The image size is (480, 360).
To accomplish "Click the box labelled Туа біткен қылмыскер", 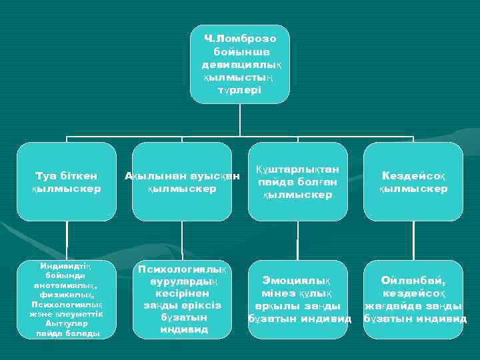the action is (x=67, y=181).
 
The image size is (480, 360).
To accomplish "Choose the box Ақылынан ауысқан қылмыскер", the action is (x=181, y=181).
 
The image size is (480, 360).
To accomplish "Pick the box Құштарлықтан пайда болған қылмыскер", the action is (x=297, y=181).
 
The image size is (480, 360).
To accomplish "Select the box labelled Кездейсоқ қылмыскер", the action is (x=413, y=181).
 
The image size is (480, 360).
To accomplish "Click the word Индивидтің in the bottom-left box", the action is (x=67, y=266).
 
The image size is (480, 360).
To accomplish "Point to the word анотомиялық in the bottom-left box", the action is (x=67, y=285).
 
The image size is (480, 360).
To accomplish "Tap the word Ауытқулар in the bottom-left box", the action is (x=67, y=323).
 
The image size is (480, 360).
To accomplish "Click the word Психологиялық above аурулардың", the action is (x=181, y=269).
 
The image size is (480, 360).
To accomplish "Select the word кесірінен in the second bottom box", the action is (x=181, y=293).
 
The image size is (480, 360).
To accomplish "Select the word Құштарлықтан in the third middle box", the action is (x=297, y=169).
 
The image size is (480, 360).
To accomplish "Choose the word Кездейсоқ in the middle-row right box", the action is (x=413, y=175).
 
